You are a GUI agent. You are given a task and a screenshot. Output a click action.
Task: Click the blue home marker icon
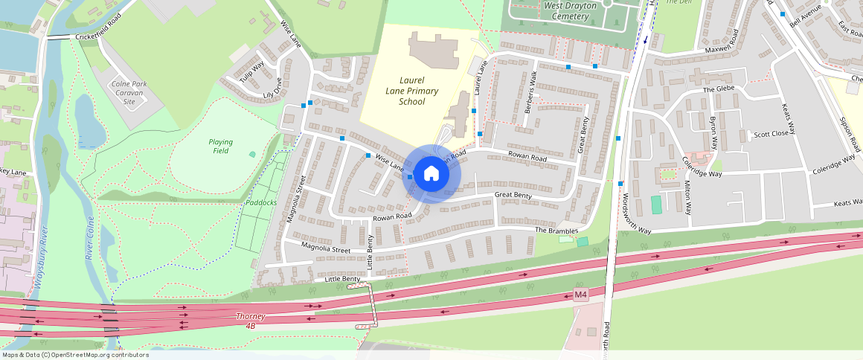coord(431,174)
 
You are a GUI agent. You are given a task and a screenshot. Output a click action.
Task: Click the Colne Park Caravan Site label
coord(129,93)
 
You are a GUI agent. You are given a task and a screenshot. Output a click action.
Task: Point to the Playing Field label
coord(220,146)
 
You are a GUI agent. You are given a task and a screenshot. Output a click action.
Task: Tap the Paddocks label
coord(262,202)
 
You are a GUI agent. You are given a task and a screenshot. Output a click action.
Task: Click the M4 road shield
coord(581,295)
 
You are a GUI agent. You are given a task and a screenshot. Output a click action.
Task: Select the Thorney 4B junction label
coord(250,321)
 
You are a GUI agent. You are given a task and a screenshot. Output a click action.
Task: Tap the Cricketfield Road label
coord(97,36)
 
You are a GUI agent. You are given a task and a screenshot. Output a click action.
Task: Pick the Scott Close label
coord(771,135)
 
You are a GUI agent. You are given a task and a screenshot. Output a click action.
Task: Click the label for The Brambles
coord(556,231)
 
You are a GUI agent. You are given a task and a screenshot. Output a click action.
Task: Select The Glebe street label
coord(718,89)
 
